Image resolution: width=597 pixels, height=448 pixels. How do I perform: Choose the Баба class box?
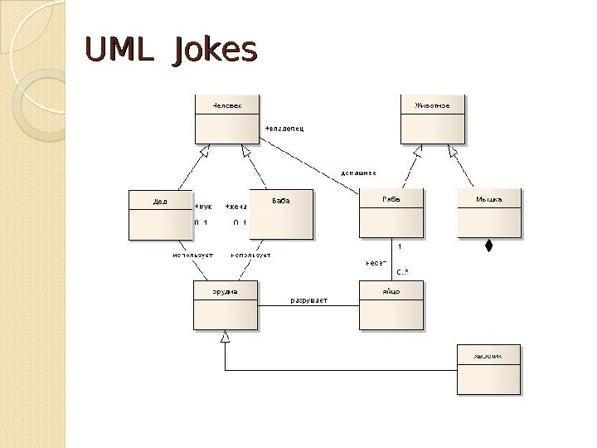click(281, 213)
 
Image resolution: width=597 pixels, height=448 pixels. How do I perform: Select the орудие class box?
click(225, 305)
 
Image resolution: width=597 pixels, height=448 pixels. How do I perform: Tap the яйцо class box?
click(391, 305)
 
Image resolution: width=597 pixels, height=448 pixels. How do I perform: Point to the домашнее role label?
click(359, 173)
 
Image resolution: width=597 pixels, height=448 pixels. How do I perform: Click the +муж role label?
click(202, 207)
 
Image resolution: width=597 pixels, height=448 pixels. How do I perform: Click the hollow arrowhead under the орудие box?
click(225, 337)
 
